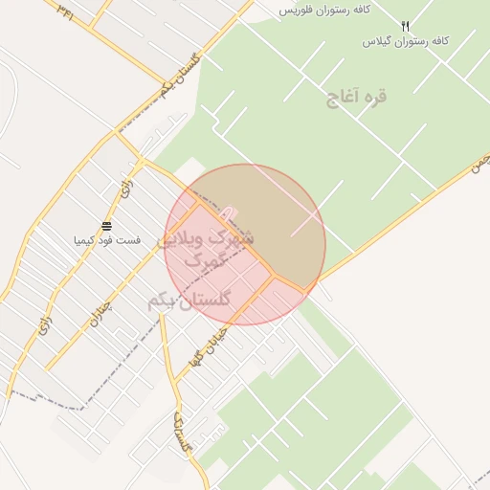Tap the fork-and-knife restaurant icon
(x=405, y=27)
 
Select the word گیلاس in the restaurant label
(x=378, y=42)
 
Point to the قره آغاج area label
(x=356, y=97)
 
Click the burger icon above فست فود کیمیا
(x=106, y=227)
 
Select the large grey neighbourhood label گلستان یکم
(x=189, y=301)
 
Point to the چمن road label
(x=479, y=161)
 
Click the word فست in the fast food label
(x=127, y=239)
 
